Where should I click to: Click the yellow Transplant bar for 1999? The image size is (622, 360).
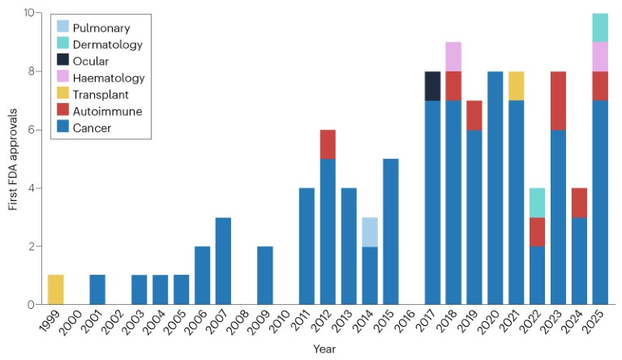pos(55,289)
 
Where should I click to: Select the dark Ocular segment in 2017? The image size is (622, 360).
pos(433,86)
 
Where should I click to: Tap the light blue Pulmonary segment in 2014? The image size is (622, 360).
pos(370,231)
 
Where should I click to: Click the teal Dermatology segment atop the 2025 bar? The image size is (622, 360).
pos(600,28)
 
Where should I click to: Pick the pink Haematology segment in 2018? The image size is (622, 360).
pos(454,57)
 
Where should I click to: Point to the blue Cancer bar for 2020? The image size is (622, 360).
pos(496,187)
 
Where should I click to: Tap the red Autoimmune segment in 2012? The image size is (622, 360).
pos(328,144)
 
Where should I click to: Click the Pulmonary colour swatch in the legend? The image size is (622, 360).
pos(62,28)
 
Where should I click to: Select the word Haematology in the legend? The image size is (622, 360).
pos(109,79)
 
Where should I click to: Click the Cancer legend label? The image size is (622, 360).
pos(92,128)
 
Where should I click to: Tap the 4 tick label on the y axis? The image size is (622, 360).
pos(30,188)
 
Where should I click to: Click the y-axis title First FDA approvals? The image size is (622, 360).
pos(12,158)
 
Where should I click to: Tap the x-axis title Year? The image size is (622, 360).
pos(324,349)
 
